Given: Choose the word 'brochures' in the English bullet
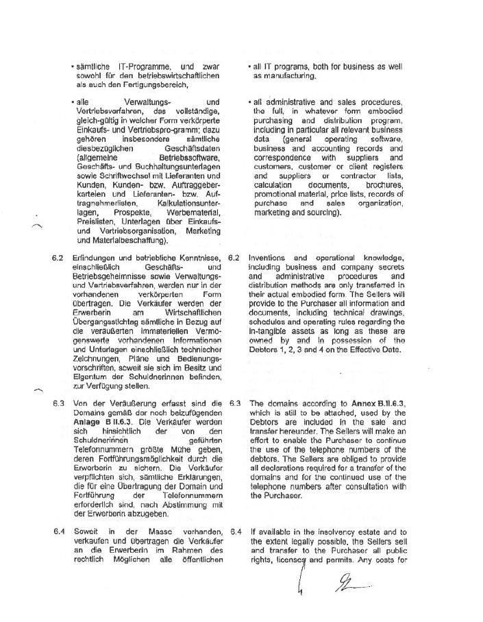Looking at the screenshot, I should point(384,185).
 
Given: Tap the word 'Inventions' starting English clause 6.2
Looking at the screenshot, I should point(269,258).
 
